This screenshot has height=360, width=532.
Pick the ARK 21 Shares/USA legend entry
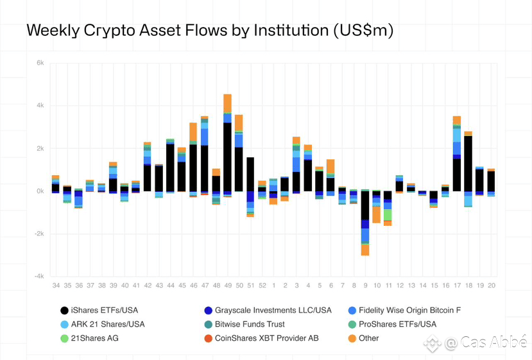103,325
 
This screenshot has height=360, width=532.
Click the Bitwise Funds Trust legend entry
250,325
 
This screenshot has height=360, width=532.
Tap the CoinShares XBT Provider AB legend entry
266,338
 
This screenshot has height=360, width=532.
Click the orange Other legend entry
368,338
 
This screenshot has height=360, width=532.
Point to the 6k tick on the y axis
40,63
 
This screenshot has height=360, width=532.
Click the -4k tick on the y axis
39,277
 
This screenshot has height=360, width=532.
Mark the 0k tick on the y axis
40,191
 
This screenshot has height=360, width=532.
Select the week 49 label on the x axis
227,285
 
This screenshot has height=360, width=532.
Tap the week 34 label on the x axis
56,285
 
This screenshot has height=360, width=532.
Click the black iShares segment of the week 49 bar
227,157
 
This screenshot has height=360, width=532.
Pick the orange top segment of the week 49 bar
227,103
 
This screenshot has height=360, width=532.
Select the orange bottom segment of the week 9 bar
365,250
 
